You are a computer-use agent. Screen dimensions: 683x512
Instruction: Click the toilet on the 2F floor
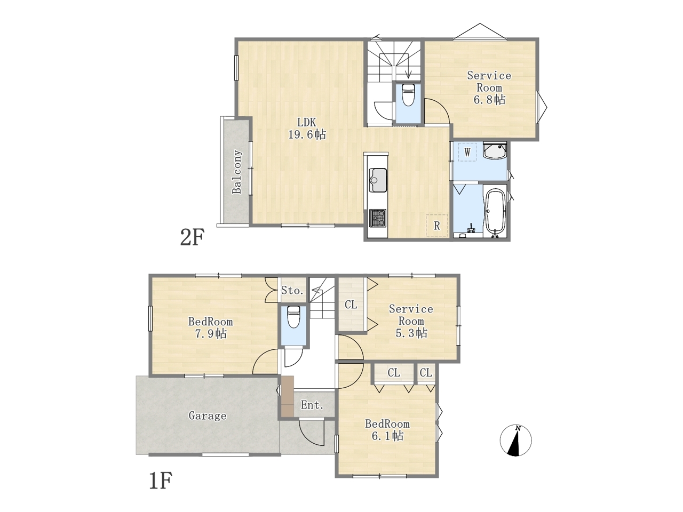[408, 95]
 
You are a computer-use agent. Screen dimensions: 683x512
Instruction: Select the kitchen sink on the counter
[378, 180]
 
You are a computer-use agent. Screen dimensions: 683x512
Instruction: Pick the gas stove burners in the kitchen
[378, 218]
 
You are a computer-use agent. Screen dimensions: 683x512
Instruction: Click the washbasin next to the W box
[495, 150]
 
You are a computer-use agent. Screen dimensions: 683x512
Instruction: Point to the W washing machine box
[467, 152]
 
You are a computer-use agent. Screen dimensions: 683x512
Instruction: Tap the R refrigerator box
[437, 226]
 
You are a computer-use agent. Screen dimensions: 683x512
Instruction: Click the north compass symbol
[515, 441]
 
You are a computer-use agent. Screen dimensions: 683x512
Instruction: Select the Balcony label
[237, 172]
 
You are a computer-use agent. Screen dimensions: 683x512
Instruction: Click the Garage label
[207, 416]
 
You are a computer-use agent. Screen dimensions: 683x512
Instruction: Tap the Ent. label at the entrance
[312, 405]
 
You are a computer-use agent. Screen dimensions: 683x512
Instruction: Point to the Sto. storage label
[292, 291]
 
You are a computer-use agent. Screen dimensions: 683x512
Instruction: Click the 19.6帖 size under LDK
[307, 134]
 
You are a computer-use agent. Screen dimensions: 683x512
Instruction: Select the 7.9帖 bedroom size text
[211, 334]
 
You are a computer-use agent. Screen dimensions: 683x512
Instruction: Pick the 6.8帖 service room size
[489, 100]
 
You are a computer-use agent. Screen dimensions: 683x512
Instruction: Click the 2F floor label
[192, 237]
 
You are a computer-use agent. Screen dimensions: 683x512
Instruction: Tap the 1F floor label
[161, 481]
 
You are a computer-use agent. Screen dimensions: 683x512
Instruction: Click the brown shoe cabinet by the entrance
[287, 396]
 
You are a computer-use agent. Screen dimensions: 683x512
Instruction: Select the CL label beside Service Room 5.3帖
[351, 305]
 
